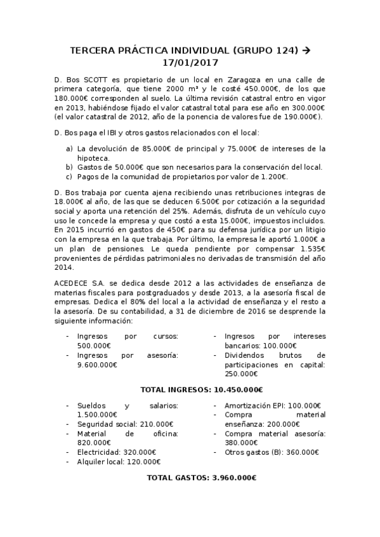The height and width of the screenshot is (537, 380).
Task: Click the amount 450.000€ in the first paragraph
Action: [259, 89]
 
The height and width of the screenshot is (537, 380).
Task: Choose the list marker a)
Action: [69, 149]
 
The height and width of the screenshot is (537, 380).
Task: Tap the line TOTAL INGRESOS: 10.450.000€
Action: [201, 389]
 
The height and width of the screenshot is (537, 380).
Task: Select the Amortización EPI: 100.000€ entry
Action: [272, 405]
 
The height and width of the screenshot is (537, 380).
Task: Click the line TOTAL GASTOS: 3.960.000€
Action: [201, 477]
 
